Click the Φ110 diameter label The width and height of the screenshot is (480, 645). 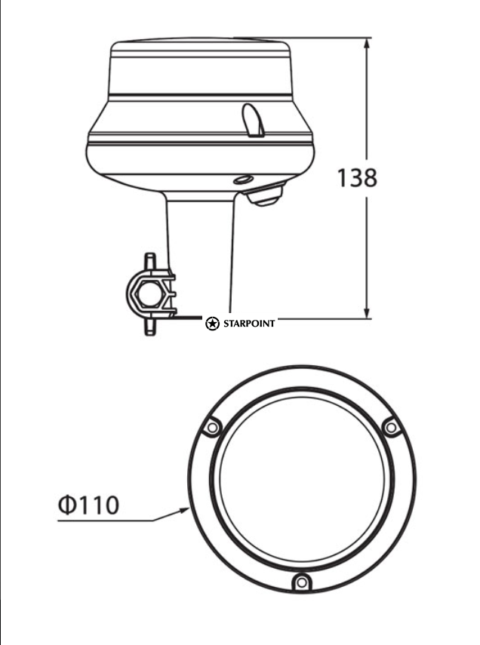point(88,504)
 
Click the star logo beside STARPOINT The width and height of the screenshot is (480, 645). point(213,324)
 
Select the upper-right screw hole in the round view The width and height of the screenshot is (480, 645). point(390,428)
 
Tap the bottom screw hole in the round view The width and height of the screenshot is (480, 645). point(301,582)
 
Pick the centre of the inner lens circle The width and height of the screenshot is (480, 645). point(302,478)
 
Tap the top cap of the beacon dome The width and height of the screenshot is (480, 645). point(199,45)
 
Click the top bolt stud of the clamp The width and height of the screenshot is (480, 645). point(150,260)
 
